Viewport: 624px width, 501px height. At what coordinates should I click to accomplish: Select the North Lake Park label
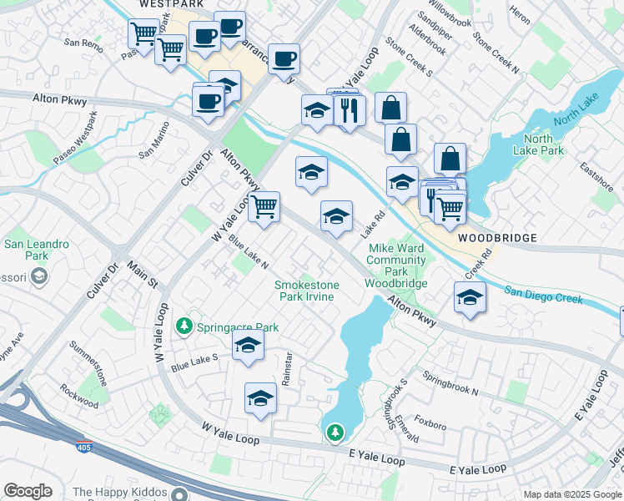pyautogui.click(x=543, y=144)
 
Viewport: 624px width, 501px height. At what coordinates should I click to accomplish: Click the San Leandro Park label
pyautogui.click(x=37, y=250)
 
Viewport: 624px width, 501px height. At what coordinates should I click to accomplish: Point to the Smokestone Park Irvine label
pyautogui.click(x=307, y=291)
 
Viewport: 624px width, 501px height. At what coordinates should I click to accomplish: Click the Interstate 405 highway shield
pyautogui.click(x=83, y=448)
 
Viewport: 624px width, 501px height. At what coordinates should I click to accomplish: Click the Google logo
pyautogui.click(x=28, y=491)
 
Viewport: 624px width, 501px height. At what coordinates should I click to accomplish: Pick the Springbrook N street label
pyautogui.click(x=450, y=383)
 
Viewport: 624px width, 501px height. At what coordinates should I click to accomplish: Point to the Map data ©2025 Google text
pyautogui.click(x=572, y=494)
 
